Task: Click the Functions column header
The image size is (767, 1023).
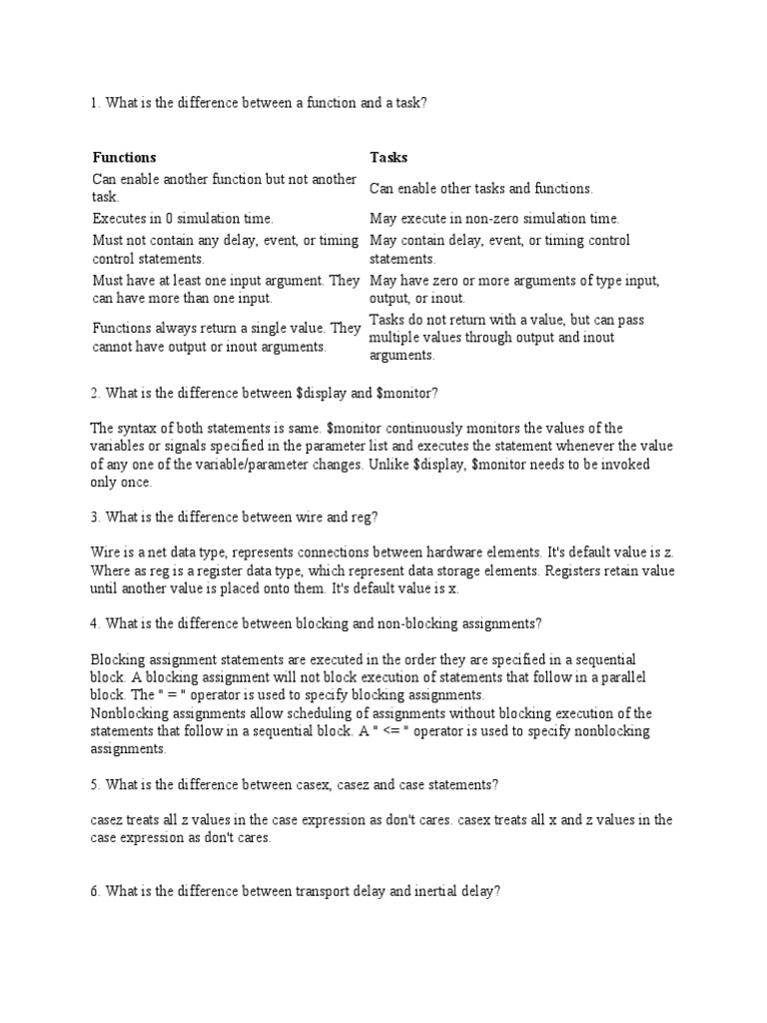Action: tap(124, 158)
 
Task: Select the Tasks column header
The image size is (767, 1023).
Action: tap(388, 158)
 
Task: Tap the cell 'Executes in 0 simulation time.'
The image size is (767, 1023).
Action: tap(183, 218)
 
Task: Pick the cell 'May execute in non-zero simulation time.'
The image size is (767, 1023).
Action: tap(494, 218)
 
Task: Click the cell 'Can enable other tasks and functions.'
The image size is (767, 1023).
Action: tap(481, 188)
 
